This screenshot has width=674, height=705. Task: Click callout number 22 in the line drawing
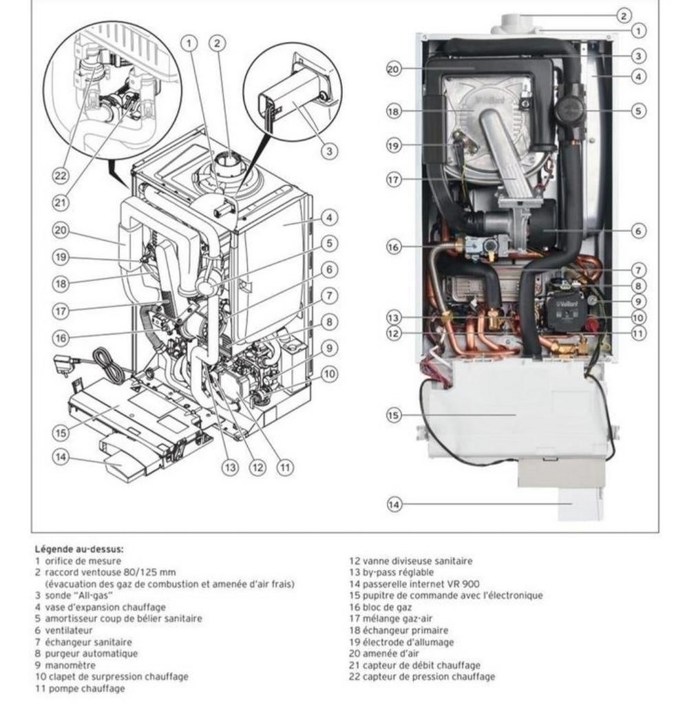click(61, 176)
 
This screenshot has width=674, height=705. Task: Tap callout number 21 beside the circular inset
click(61, 202)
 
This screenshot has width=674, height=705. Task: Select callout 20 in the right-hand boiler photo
click(393, 69)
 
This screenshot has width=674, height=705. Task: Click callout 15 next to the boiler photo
click(393, 416)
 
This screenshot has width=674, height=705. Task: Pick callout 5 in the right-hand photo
click(640, 111)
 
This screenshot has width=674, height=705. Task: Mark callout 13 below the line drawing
click(230, 467)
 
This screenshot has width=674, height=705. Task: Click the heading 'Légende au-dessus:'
click(79, 549)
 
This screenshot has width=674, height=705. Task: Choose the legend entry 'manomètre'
click(65, 665)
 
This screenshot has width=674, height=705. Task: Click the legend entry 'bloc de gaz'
click(388, 607)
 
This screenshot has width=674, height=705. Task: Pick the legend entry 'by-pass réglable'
click(398, 572)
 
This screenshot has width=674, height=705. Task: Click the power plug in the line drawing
click(63, 366)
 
